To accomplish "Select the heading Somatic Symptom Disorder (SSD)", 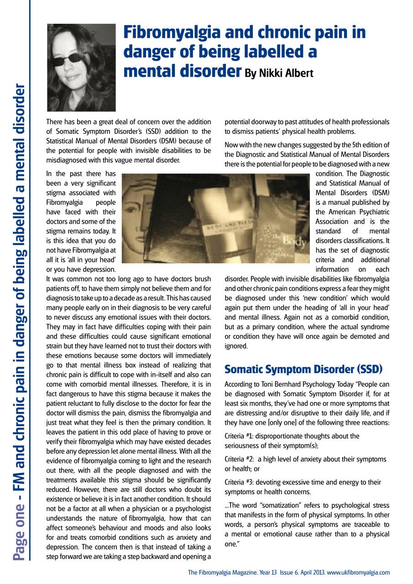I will [303, 369].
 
